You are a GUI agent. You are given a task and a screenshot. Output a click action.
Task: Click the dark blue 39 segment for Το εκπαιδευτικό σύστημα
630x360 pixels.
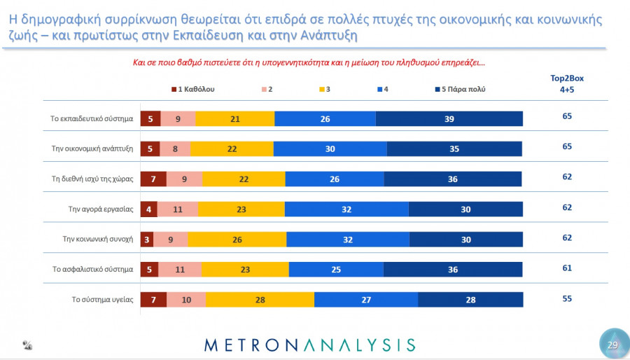point(449,119)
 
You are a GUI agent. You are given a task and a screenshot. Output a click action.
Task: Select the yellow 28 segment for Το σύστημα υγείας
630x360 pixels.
point(260,300)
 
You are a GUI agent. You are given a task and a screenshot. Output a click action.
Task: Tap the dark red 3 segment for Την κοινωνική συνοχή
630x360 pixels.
point(147,240)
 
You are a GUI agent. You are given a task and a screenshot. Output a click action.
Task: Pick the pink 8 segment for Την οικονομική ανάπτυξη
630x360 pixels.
point(175,149)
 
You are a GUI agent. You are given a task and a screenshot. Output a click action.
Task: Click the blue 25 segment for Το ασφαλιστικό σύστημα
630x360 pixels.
point(336,270)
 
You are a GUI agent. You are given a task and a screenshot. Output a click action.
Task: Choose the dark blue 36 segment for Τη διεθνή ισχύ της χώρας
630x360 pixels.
point(452,179)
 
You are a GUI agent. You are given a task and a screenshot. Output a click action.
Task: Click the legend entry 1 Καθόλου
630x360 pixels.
point(192,90)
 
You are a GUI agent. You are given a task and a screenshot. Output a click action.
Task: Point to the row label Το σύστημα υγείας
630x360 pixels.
point(102,299)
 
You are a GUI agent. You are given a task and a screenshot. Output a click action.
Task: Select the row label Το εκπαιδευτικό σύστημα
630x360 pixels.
point(93,118)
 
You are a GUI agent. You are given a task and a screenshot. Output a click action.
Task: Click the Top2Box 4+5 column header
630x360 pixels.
point(566,83)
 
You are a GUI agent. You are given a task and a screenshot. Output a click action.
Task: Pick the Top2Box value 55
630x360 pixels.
point(567,298)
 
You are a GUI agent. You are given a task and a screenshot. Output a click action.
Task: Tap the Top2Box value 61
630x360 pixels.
point(567,268)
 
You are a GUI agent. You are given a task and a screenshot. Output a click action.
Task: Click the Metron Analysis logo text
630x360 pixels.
point(309,345)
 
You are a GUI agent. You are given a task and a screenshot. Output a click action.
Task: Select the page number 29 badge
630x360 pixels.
point(612,345)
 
